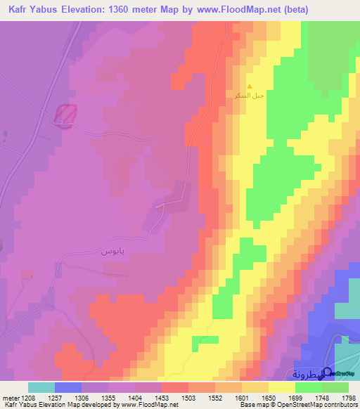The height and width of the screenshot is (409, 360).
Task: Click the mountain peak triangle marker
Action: [x=249, y=86]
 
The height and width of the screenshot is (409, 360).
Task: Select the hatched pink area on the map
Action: [x=66, y=115]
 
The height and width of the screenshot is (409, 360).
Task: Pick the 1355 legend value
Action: [x=109, y=397]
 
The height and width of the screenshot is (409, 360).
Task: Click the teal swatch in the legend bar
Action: [x=41, y=387]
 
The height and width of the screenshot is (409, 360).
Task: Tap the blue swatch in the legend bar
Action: [x=68, y=387]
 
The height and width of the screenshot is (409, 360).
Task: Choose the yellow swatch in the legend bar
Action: [x=281, y=387]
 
